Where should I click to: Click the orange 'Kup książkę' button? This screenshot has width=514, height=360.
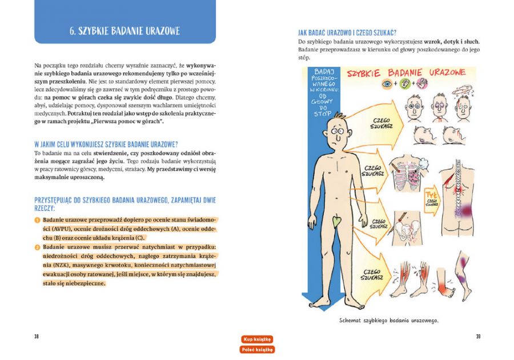point(257,339)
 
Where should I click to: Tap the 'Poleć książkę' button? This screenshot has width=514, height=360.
point(257,349)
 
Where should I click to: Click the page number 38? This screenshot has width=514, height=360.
point(36,336)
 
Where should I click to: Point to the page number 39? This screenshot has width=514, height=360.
point(478,336)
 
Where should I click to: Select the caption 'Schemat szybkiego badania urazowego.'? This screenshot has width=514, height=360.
point(388,320)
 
